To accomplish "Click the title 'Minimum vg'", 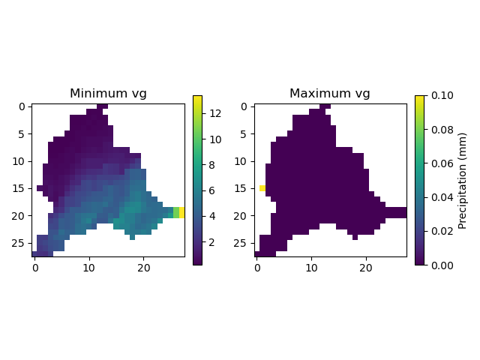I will point(108,94).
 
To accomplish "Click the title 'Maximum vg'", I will point(330,94).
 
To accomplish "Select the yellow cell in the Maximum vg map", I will point(262,188).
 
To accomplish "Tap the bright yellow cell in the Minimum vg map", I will point(182,212).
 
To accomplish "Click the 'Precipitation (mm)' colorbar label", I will point(462,180).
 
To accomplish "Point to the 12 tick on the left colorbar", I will point(213,113).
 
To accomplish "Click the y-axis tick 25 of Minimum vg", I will point(22,243).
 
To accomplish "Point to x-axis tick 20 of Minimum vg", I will point(144,268).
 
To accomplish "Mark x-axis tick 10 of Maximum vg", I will point(311,268).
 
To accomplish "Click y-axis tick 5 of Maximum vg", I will point(246,133).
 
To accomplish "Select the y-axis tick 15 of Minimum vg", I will point(22,188).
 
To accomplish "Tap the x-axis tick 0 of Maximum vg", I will point(256,268).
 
